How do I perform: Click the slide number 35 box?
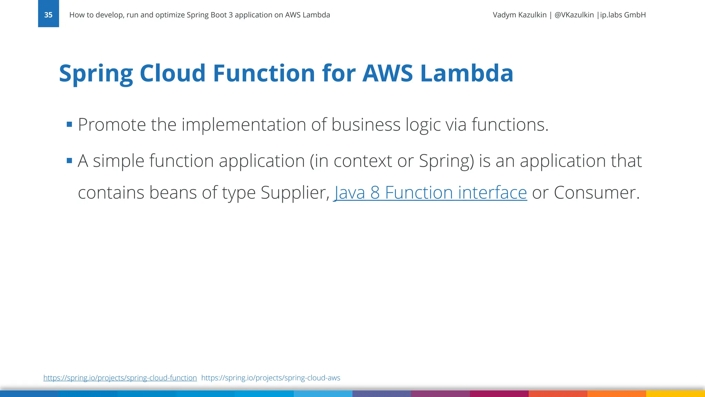48,14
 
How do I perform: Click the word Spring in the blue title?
96,73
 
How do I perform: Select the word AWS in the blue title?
387,73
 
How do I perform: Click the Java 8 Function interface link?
430,193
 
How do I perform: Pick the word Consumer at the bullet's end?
596,193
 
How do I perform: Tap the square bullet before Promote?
70,124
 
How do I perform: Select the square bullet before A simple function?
70,161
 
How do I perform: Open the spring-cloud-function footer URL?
120,378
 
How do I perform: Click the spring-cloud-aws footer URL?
271,378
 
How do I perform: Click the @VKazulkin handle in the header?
574,15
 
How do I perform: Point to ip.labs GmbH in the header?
623,15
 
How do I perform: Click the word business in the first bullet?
366,125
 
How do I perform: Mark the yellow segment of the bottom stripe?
675,394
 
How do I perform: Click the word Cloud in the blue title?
172,73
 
